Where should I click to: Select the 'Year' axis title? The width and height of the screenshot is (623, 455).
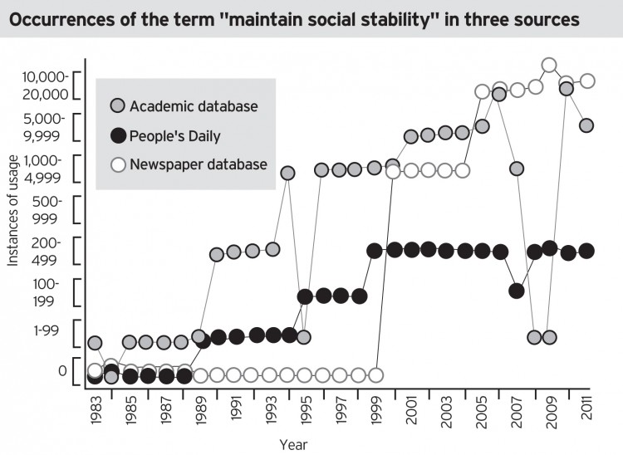point(292,444)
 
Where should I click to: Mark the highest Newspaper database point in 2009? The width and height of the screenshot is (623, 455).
point(548,65)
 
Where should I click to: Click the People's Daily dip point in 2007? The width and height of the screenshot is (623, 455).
point(517,291)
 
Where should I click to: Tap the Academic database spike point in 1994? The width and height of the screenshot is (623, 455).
point(288,173)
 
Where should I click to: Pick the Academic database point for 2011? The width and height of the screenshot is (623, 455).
point(586,125)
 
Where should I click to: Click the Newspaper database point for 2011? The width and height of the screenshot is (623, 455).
point(586,81)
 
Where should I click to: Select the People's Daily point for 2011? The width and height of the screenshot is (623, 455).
point(586,251)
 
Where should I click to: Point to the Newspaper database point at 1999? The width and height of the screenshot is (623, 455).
point(375,374)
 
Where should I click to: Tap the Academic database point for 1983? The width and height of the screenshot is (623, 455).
point(95,343)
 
